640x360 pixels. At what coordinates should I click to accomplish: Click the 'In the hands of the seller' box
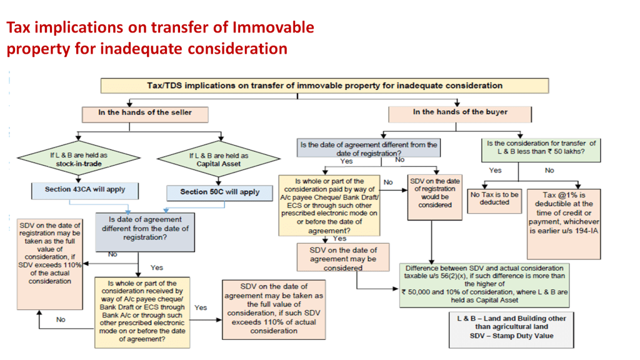click(144, 113)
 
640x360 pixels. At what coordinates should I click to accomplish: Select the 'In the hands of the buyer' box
click(460, 113)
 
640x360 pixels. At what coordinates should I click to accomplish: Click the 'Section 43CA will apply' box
click(85, 189)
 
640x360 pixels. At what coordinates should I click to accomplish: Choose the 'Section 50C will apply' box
click(219, 192)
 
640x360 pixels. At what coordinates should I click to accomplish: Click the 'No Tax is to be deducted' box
click(494, 199)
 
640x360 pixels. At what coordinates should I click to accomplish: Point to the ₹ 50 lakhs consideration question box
click(541, 147)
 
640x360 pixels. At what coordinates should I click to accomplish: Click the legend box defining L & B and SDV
click(511, 327)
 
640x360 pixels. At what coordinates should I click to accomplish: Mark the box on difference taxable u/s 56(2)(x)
click(485, 284)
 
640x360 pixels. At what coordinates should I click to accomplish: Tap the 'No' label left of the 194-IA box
click(549, 171)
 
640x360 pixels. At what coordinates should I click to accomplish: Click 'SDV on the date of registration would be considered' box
click(431, 197)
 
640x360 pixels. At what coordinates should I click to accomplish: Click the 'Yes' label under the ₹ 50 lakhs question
click(495, 171)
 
